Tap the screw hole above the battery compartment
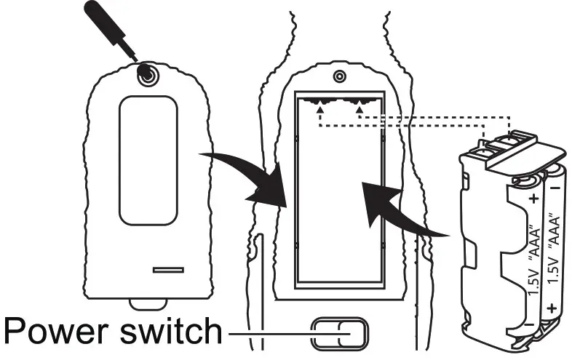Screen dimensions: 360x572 pyautogui.click(x=339, y=76)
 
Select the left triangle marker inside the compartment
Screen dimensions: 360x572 pyautogui.click(x=320, y=110)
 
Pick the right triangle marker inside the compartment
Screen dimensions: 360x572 pyautogui.click(x=360, y=110)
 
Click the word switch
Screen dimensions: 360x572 pyautogui.click(x=170, y=332)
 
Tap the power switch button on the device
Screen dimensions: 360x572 pyautogui.click(x=338, y=334)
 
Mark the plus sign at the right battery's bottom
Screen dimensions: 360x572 pyautogui.click(x=552, y=308)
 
